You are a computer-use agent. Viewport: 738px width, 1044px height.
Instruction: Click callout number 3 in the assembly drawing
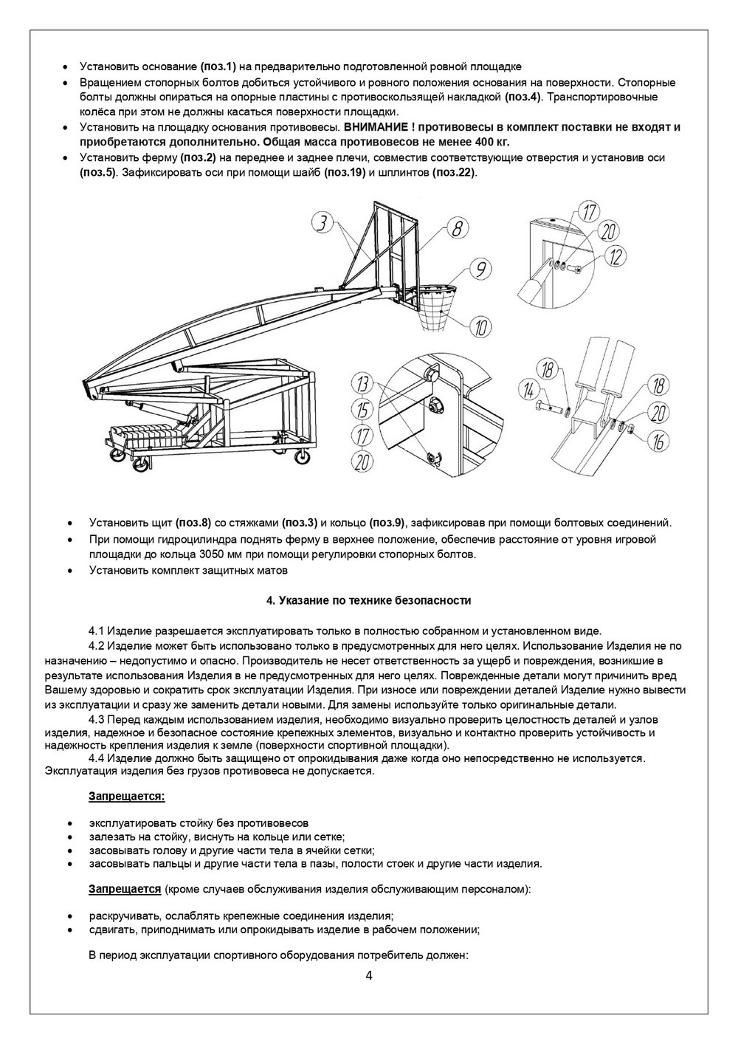[x=324, y=222]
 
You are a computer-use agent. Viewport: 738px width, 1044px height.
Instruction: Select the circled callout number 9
[x=480, y=269]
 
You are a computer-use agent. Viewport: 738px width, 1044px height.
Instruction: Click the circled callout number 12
[x=615, y=258]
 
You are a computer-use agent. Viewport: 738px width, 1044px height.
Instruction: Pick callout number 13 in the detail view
[x=362, y=385]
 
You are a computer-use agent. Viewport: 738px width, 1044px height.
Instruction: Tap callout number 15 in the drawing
[x=362, y=411]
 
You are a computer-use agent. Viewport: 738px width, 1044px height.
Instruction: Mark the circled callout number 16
[x=658, y=441]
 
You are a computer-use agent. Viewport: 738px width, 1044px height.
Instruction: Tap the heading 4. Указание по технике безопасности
[x=368, y=600]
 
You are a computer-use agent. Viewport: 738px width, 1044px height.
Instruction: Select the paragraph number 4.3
[x=96, y=719]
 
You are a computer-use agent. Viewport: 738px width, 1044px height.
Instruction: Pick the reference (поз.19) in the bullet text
[x=345, y=172]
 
